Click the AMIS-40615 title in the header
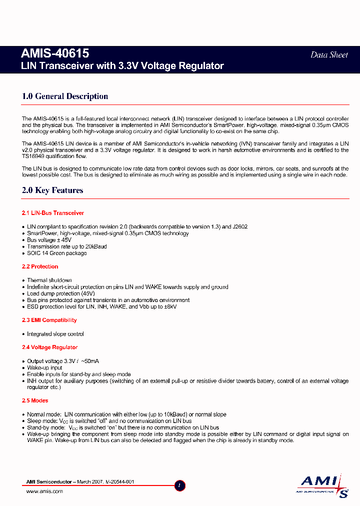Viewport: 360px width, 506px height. [x=55, y=53]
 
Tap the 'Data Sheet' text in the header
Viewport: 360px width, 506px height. [x=328, y=55]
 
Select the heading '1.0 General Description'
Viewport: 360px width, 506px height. [x=65, y=96]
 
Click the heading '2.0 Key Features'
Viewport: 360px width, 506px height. [x=52, y=190]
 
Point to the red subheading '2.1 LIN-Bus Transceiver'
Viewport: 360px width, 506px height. [x=53, y=213]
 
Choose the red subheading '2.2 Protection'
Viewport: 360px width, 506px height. [x=40, y=266]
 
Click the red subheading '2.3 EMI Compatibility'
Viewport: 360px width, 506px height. [x=49, y=320]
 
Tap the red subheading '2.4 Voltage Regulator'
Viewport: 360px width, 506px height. [x=49, y=347]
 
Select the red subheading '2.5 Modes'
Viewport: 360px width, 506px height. [x=34, y=400]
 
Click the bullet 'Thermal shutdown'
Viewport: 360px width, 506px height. [x=49, y=280]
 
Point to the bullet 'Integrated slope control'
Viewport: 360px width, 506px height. [x=55, y=334]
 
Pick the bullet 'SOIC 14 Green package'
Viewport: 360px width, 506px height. [x=56, y=253]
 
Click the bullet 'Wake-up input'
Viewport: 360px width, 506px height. [x=45, y=367]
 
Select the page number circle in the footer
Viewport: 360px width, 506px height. [x=180, y=485]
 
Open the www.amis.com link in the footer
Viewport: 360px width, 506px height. [x=44, y=491]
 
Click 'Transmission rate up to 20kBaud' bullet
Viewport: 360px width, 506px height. [x=67, y=246]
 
